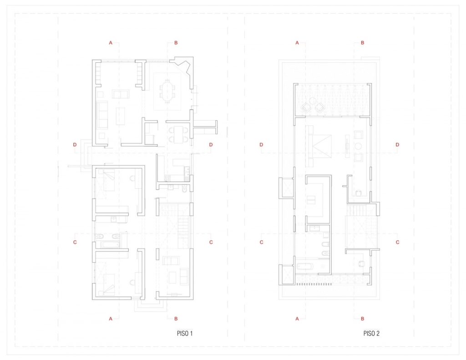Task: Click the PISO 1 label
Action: [x=185, y=334]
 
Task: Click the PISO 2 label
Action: [x=371, y=334]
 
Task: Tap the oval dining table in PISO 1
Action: [x=167, y=91]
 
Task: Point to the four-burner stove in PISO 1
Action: [x=167, y=178]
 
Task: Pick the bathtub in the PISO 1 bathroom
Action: [x=110, y=245]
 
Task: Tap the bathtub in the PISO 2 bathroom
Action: [x=304, y=266]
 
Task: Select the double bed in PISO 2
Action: [x=320, y=146]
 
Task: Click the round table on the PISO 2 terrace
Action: [x=313, y=101]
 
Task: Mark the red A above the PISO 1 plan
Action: [x=111, y=43]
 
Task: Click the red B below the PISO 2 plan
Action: [x=362, y=319]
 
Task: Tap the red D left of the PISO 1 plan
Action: [x=75, y=145]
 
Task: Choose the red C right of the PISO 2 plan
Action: [x=397, y=242]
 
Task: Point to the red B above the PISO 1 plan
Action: [x=176, y=43]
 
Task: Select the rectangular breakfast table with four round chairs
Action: [x=178, y=135]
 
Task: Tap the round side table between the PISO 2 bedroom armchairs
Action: [x=358, y=146]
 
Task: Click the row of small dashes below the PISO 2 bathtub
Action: [x=314, y=284]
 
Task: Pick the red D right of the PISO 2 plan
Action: [x=397, y=145]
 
